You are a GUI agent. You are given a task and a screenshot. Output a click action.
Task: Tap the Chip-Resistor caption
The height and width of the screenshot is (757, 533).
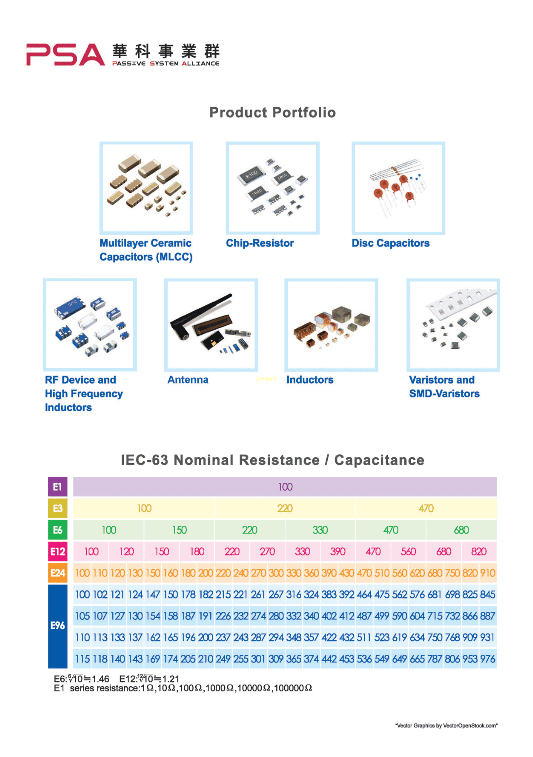(x=259, y=243)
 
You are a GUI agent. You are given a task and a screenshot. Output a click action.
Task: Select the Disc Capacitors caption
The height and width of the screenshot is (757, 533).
(x=391, y=243)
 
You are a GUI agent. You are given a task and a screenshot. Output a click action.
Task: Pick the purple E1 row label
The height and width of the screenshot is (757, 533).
(x=57, y=487)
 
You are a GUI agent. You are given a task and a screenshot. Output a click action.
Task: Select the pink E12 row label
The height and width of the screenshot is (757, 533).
(x=57, y=551)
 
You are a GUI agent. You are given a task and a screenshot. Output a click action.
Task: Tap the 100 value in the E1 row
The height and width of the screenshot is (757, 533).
(x=285, y=487)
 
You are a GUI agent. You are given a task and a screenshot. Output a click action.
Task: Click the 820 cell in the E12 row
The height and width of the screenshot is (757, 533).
(x=479, y=551)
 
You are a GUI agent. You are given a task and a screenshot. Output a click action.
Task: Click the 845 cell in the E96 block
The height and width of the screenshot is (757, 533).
(x=487, y=594)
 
